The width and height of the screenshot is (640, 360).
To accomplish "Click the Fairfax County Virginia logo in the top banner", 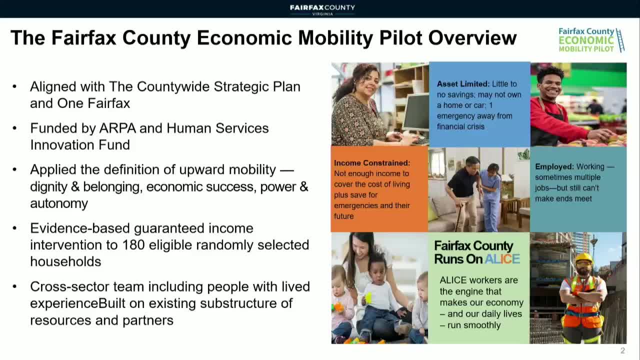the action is pyautogui.click(x=322, y=9).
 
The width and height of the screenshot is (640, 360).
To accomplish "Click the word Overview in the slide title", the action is pyautogui.click(x=472, y=37).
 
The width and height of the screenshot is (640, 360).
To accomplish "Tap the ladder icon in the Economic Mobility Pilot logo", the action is pyautogui.click(x=620, y=40).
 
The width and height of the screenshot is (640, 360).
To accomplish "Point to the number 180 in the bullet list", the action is pyautogui.click(x=133, y=245).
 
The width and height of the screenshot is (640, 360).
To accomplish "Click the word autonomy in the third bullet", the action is pyautogui.click(x=59, y=203).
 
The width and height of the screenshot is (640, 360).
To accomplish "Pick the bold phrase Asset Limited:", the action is pyautogui.click(x=463, y=84).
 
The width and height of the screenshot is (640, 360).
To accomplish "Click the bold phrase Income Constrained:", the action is pyautogui.click(x=372, y=163).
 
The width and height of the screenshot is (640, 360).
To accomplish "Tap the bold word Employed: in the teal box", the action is pyautogui.click(x=554, y=166).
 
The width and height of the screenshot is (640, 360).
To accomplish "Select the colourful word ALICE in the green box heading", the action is pyautogui.click(x=502, y=259).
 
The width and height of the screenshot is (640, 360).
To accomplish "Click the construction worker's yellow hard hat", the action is pyautogui.click(x=583, y=258).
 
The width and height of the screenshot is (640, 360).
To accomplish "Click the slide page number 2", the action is pyautogui.click(x=622, y=350).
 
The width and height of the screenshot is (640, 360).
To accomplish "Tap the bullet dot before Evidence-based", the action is pyautogui.click(x=15, y=228).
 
